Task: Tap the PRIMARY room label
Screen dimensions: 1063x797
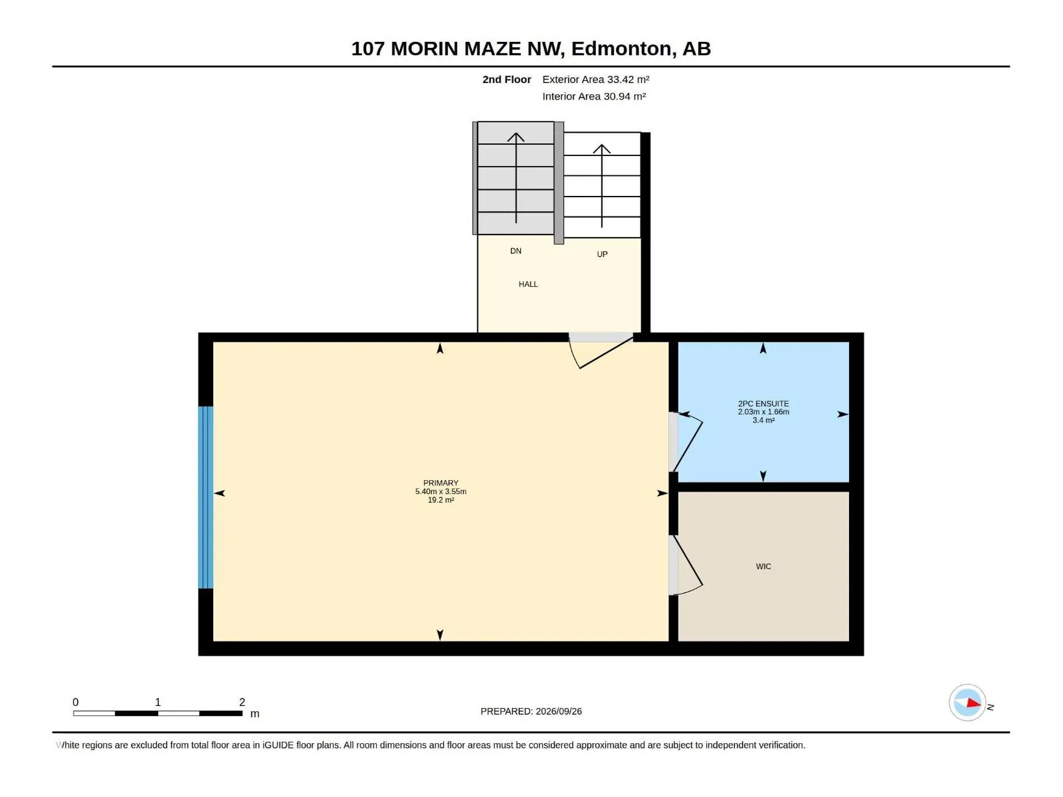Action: pos(440,483)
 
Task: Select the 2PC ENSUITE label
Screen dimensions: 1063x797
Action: pos(763,404)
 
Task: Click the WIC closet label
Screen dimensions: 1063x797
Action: pos(763,566)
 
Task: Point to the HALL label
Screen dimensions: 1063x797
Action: pos(528,284)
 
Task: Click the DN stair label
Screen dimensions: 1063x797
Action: pos(516,250)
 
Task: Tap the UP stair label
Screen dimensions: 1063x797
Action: pos(602,254)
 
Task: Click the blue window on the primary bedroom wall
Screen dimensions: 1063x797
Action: pos(206,497)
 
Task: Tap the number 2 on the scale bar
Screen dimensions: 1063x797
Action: pos(242,702)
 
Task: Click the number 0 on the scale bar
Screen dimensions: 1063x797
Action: pos(76,702)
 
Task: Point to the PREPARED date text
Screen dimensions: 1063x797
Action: pos(531,711)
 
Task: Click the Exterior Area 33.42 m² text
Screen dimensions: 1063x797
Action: pos(596,79)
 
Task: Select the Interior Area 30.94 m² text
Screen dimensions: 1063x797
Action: pos(594,96)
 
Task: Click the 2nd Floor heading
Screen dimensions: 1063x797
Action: pos(506,79)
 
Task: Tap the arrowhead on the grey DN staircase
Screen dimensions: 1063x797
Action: pos(516,137)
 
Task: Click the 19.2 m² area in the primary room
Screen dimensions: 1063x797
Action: pos(440,500)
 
